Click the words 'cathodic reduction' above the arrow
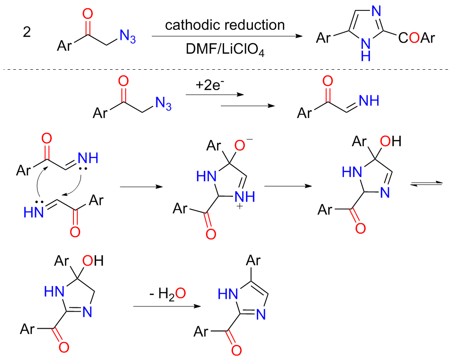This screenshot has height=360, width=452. (225, 25)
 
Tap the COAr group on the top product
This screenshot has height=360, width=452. (416, 38)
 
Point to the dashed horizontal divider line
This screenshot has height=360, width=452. (226, 69)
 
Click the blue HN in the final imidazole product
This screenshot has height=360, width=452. (226, 295)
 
